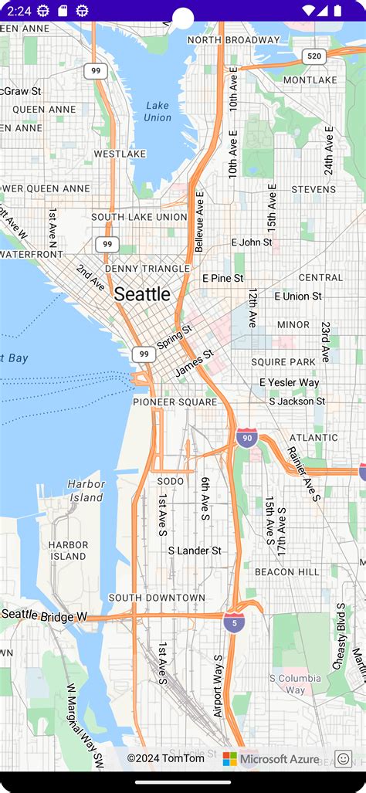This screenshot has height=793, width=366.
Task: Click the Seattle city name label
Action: [x=142, y=294]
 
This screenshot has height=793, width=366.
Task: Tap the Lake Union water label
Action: [x=158, y=111]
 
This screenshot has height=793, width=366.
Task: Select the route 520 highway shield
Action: [x=313, y=56]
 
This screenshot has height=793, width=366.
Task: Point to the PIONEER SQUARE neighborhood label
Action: [x=175, y=402]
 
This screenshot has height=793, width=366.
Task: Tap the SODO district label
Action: [x=171, y=481]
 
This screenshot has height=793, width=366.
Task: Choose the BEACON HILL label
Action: [x=286, y=571]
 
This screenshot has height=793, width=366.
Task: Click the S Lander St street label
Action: [x=195, y=551]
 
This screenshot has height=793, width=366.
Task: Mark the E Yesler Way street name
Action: [x=290, y=382]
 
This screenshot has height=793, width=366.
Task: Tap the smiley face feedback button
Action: [x=343, y=759]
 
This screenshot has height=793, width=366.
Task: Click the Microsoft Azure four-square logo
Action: [x=230, y=759]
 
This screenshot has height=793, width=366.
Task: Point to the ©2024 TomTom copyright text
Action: [x=166, y=759]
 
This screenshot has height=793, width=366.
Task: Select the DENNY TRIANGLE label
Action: [x=147, y=268]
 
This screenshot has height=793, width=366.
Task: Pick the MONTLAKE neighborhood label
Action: [x=310, y=80]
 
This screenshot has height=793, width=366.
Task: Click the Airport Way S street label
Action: [x=219, y=686]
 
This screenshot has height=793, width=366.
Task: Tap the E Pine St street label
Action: [x=223, y=278]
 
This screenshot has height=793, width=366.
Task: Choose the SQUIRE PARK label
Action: [x=283, y=361]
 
